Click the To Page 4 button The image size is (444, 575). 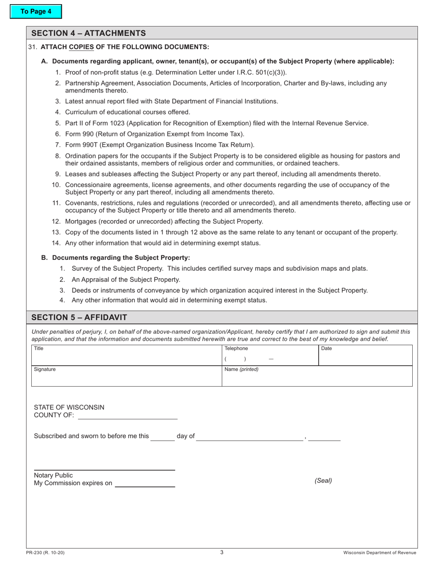[36, 12]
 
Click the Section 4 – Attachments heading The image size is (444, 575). [88, 33]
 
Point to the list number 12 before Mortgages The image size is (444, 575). [56, 221]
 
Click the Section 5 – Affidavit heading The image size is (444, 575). [79, 317]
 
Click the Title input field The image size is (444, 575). [126, 358]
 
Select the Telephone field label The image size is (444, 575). [236, 348]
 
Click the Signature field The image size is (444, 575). [126, 378]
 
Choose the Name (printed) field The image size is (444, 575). [317, 378]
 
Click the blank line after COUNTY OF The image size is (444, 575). [128, 416]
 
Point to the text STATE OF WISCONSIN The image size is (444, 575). [69, 407]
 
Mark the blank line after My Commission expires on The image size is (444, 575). [145, 483]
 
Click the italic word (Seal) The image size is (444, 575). [323, 480]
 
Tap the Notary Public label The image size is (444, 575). [53, 475]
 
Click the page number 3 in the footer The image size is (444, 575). [222, 552]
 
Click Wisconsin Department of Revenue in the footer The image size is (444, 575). [380, 553]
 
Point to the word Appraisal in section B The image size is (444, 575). [95, 280]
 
